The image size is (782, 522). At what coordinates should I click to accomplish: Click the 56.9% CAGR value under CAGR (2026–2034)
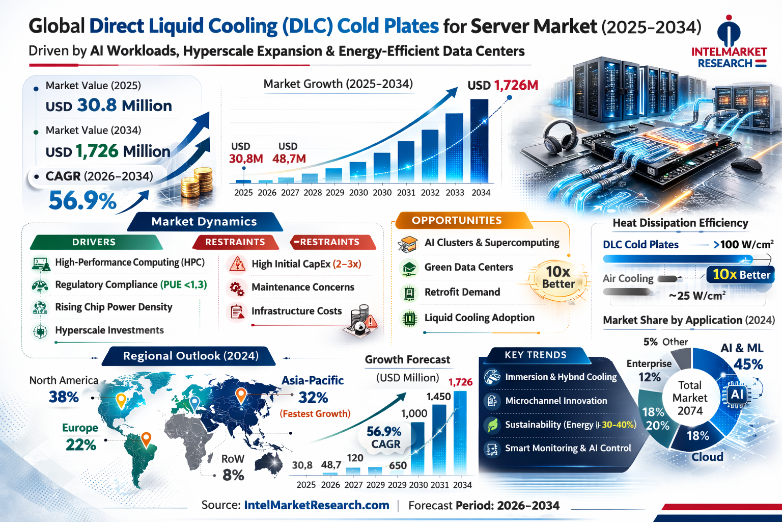coord(82,200)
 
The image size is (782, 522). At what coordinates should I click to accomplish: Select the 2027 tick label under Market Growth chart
coord(290,193)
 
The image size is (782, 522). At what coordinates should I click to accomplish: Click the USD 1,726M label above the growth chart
coord(502,85)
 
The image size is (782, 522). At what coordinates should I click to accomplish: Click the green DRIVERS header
coord(94,242)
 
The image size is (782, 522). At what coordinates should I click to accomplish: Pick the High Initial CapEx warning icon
coord(237,264)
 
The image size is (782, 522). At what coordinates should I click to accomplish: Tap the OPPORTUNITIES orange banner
coord(457,220)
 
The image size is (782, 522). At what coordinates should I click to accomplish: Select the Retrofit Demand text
coord(462,292)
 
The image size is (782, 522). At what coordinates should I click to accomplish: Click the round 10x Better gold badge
coord(558,278)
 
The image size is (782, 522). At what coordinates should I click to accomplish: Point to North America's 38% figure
coord(64,397)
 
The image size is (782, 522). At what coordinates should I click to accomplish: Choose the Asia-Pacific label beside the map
coord(313,380)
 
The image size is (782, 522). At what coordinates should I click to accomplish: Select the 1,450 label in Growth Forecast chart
coord(438,396)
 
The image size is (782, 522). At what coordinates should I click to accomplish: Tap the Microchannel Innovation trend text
coord(556,401)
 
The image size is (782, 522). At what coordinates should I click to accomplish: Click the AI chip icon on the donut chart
coord(737,394)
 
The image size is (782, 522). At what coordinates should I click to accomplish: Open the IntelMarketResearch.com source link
coord(317,505)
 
